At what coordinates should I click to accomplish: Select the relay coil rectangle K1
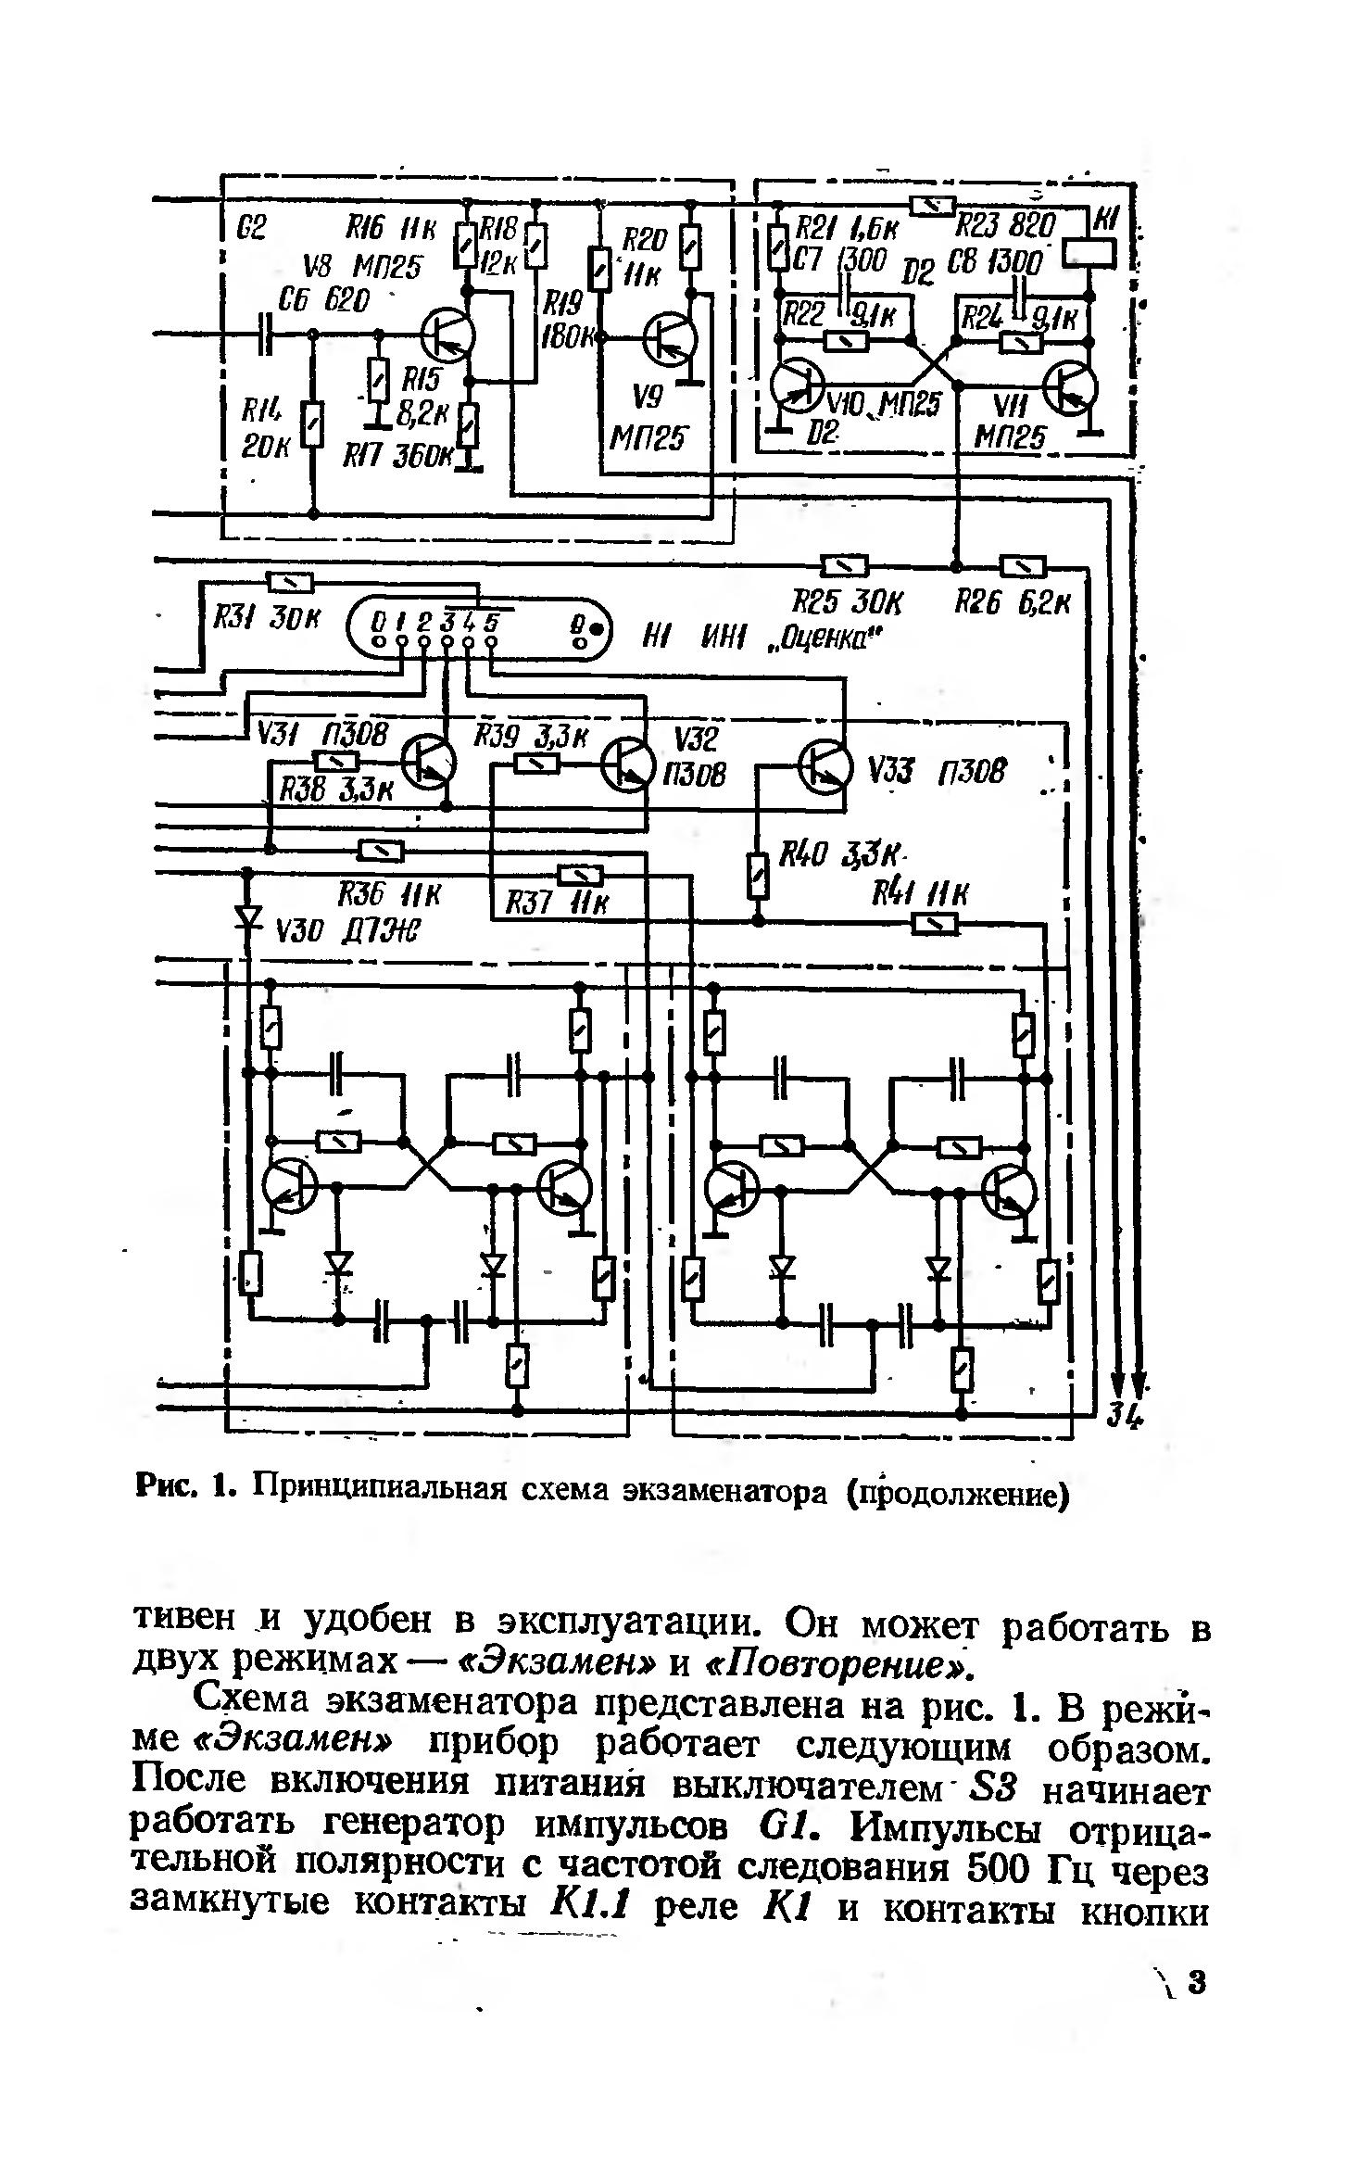[1089, 253]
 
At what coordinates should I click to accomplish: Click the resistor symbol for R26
[1023, 564]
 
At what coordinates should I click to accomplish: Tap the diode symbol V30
[247, 916]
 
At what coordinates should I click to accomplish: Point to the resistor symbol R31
[291, 582]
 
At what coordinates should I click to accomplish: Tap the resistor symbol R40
[758, 876]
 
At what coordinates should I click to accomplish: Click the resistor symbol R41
[935, 923]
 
